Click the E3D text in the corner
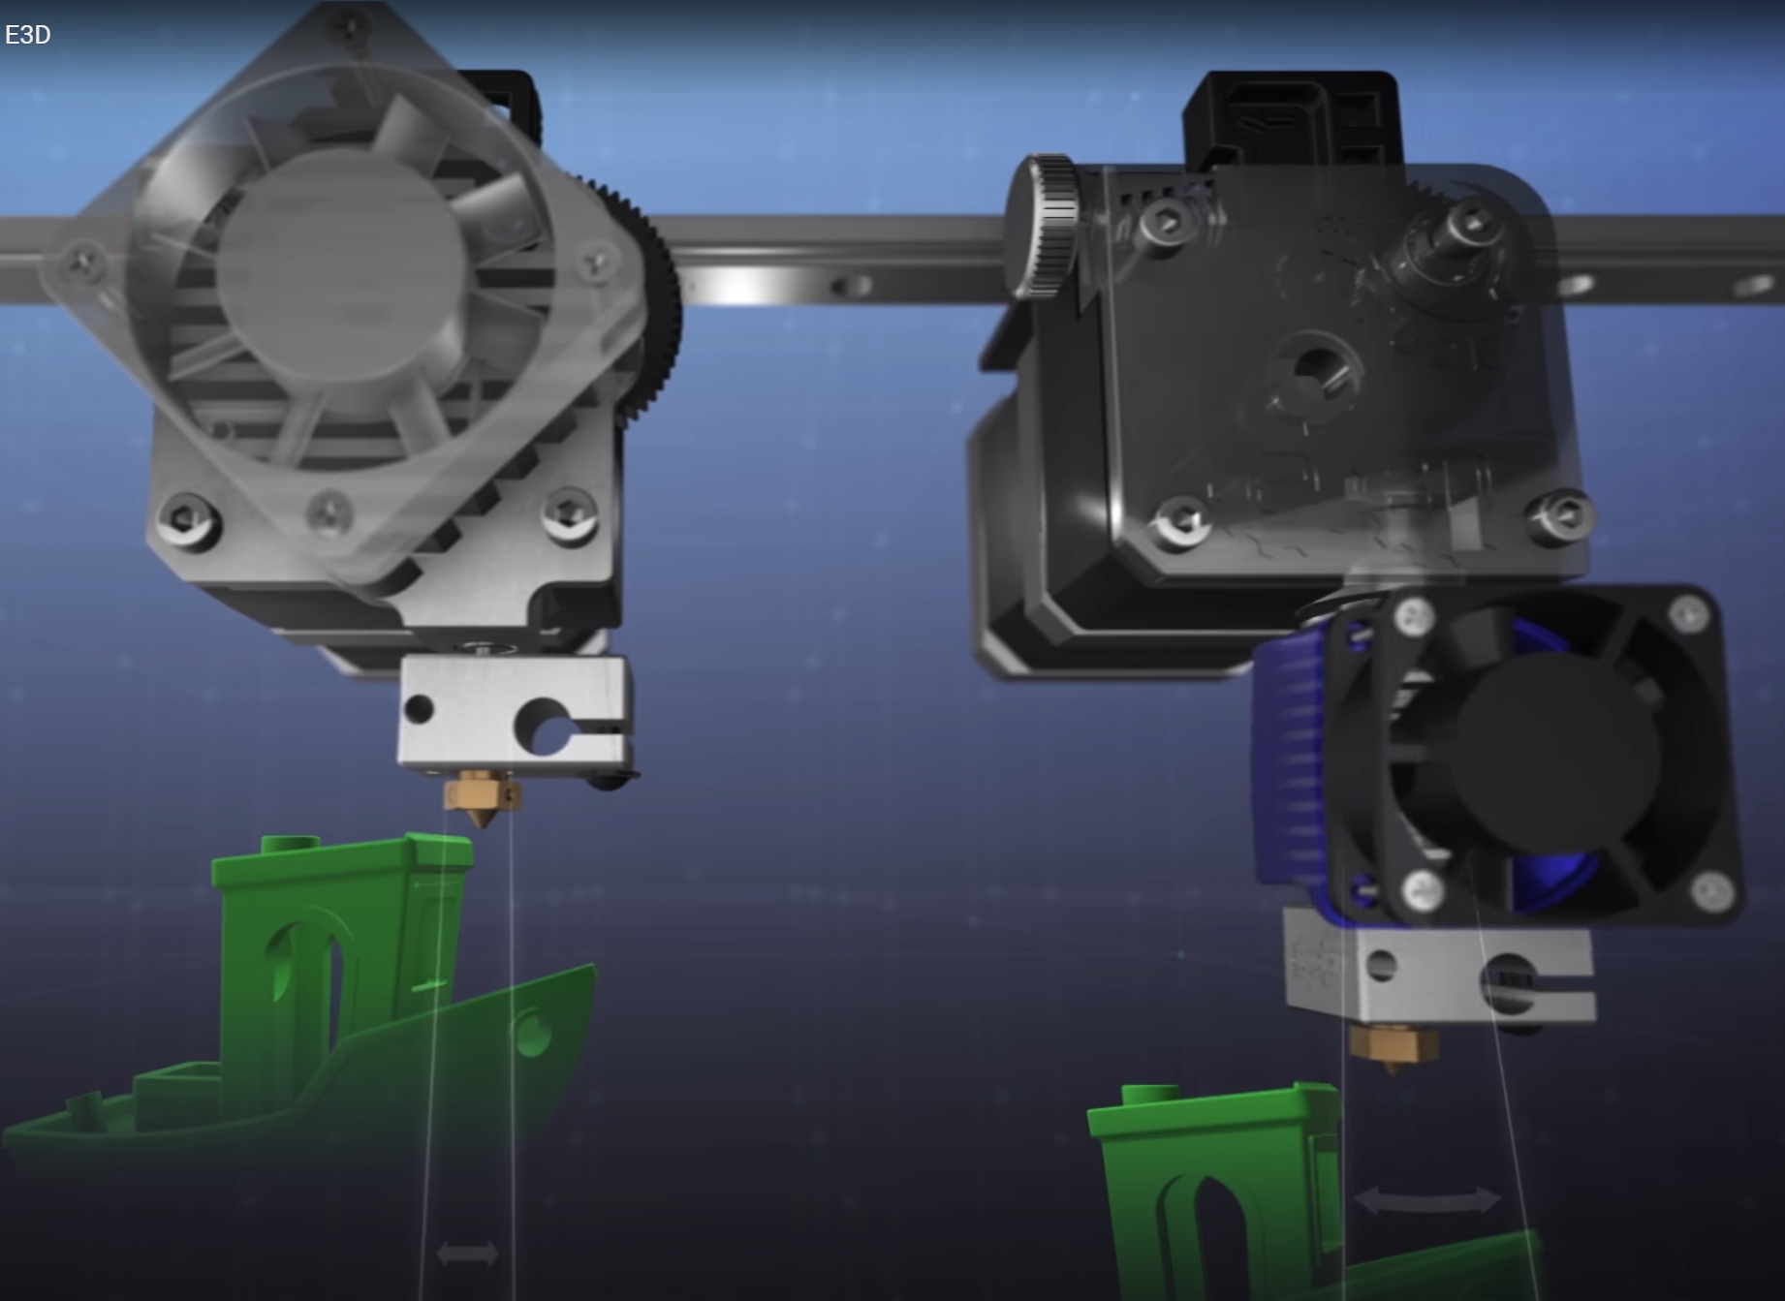pos(27,35)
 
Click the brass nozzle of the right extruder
pos(1393,1047)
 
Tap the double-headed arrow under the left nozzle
pos(467,1254)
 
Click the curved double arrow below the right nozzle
pos(1427,1200)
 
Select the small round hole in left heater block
pos(419,708)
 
